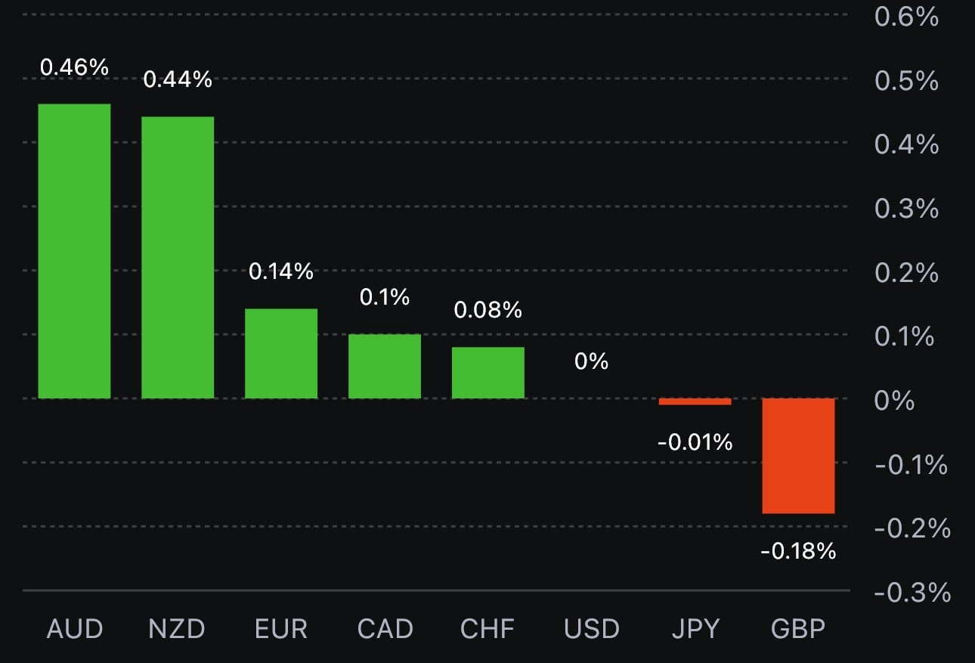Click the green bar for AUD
(74, 251)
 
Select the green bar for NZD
(178, 257)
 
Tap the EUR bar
(281, 353)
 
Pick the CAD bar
(385, 366)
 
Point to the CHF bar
(488, 372)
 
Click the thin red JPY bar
(695, 401)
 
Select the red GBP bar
(798, 455)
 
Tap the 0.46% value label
(74, 67)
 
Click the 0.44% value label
(178, 79)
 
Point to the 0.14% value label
(281, 271)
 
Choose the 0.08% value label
(488, 310)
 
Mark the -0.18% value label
(798, 552)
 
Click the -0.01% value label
(695, 442)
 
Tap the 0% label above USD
(591, 361)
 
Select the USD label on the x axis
(591, 629)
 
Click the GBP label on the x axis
(798, 629)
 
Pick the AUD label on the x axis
(74, 629)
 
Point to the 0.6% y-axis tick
(907, 17)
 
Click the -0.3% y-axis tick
(912, 593)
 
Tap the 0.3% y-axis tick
(907, 209)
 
